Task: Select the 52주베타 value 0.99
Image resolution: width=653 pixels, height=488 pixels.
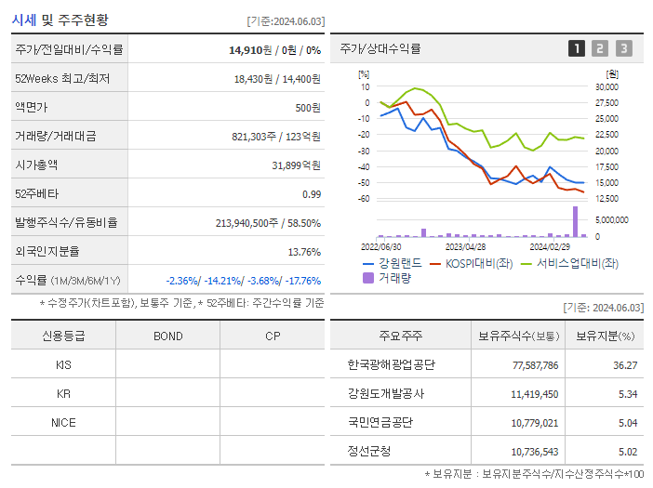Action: click(x=311, y=193)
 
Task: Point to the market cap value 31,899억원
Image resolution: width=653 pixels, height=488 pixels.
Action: click(x=296, y=165)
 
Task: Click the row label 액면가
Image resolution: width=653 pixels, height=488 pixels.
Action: click(x=31, y=107)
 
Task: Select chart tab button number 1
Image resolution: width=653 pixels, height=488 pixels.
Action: click(x=577, y=48)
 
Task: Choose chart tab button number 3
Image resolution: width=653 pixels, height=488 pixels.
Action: click(x=623, y=48)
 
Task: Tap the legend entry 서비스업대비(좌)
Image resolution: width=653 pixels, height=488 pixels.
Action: click(x=569, y=263)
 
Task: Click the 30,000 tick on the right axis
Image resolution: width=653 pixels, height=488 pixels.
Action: click(x=606, y=87)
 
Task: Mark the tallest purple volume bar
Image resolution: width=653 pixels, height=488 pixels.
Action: click(x=575, y=221)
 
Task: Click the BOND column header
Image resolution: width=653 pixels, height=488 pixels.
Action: click(x=167, y=336)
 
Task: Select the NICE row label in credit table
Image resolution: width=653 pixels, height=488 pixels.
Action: click(x=63, y=422)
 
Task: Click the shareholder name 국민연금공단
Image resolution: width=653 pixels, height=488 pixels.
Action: click(x=380, y=422)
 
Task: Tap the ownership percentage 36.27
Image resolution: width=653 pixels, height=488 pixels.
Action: click(x=625, y=365)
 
